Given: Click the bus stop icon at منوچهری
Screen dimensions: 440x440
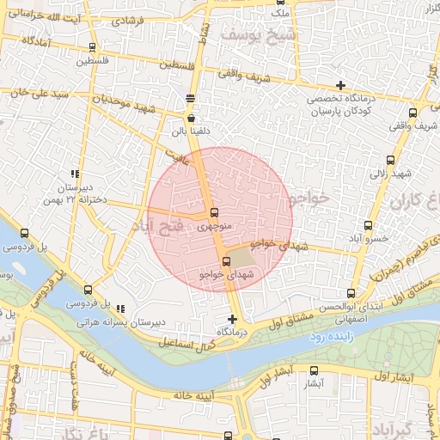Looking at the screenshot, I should (x=213, y=213).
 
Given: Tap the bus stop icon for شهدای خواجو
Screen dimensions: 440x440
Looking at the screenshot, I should (x=226, y=261).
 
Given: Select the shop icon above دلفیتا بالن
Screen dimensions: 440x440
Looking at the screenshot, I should (x=191, y=119).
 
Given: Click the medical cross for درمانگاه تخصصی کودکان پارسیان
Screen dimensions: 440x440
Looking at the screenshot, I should (x=341, y=85).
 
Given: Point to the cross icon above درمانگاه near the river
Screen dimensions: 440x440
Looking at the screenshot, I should (x=232, y=318).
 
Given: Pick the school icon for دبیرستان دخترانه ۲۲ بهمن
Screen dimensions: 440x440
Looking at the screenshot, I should (x=75, y=173).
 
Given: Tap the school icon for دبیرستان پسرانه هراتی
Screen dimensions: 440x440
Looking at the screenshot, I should (x=119, y=308).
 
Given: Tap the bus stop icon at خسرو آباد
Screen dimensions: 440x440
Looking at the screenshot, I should (x=369, y=225).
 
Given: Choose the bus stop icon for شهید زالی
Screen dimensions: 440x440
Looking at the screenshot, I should (x=391, y=160).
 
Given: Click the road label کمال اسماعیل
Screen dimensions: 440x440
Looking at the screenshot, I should (x=186, y=337).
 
